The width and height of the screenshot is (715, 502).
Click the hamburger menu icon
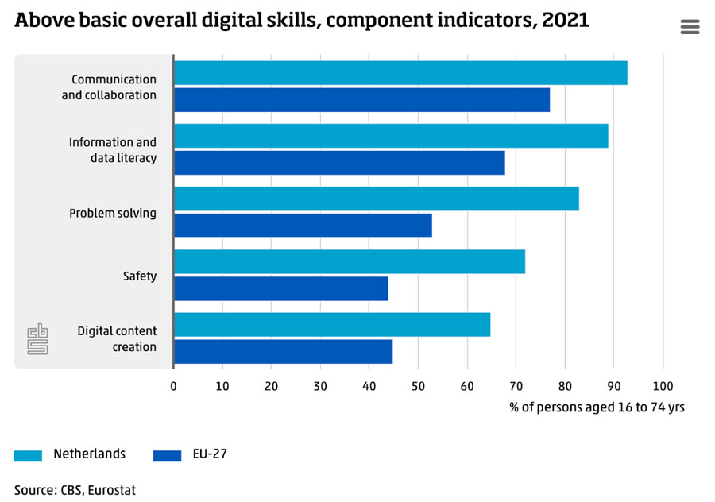click(x=690, y=27)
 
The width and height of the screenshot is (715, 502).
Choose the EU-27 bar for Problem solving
click(x=303, y=226)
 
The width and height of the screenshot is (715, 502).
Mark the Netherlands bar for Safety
click(x=350, y=261)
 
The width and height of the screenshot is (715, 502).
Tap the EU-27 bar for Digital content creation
click(x=283, y=351)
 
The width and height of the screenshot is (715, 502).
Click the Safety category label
click(x=140, y=276)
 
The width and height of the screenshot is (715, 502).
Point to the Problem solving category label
click(x=113, y=214)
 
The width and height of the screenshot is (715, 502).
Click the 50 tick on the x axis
click(x=418, y=386)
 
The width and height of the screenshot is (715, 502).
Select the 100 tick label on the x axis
click(x=663, y=386)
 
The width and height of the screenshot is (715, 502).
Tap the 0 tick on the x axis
click(x=174, y=386)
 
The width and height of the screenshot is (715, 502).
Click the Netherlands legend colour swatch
click(x=28, y=455)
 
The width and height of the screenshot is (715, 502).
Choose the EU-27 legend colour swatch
click(x=167, y=455)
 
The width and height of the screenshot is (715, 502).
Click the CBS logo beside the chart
click(x=37, y=339)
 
